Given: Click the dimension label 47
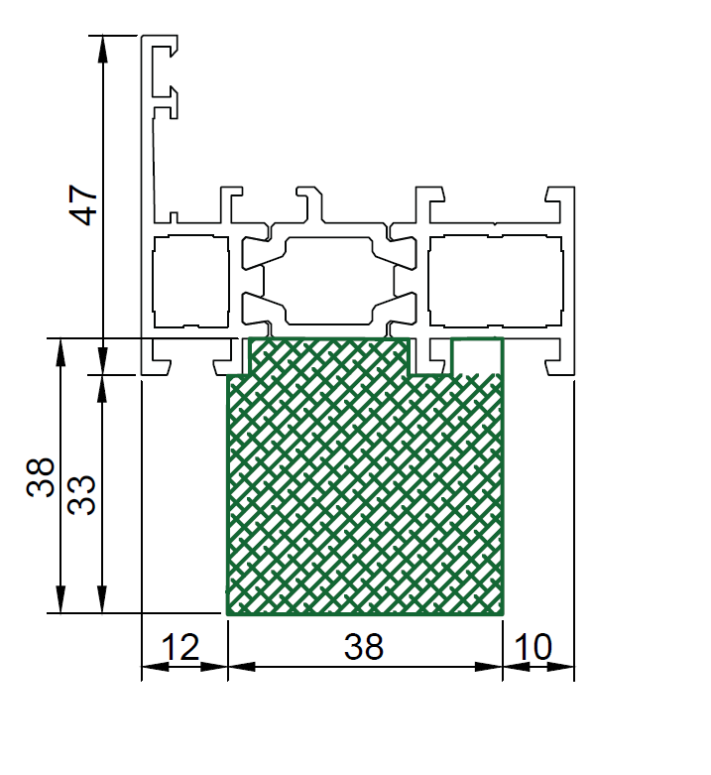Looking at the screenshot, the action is pyautogui.click(x=83, y=205).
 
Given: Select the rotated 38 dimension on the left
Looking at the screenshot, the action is pyautogui.click(x=41, y=477).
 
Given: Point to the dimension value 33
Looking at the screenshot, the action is pyautogui.click(x=82, y=495).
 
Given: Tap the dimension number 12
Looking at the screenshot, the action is pyautogui.click(x=180, y=647).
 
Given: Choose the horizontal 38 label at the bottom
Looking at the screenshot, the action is pyautogui.click(x=364, y=647).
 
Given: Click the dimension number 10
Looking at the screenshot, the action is pyautogui.click(x=533, y=647).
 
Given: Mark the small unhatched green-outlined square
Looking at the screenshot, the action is pyautogui.click(x=477, y=356).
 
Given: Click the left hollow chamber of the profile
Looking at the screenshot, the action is pyautogui.click(x=190, y=281).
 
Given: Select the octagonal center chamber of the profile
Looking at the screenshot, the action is pyautogui.click(x=329, y=281).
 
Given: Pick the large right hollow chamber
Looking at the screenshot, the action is pyautogui.click(x=496, y=281).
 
